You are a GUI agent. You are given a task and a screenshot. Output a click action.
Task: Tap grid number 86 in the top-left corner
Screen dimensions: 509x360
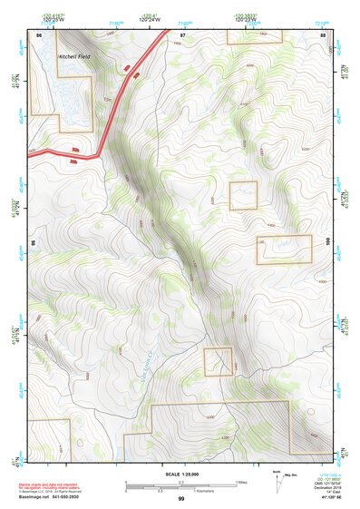click(39, 34)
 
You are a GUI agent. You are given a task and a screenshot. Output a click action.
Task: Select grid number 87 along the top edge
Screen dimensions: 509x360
click(182, 34)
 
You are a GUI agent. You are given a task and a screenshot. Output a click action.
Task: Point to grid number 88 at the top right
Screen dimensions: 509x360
click(324, 34)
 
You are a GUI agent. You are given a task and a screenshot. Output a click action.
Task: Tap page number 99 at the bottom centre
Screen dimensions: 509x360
click(181, 499)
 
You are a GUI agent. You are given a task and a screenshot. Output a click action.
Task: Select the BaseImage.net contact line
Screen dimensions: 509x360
click(48, 499)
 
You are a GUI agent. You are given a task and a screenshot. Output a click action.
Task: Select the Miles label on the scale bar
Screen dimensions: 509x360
click(241, 481)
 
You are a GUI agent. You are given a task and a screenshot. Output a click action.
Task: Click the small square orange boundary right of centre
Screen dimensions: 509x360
click(243, 195)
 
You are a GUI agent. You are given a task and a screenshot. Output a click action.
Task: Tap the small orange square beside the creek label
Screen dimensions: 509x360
click(219, 361)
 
